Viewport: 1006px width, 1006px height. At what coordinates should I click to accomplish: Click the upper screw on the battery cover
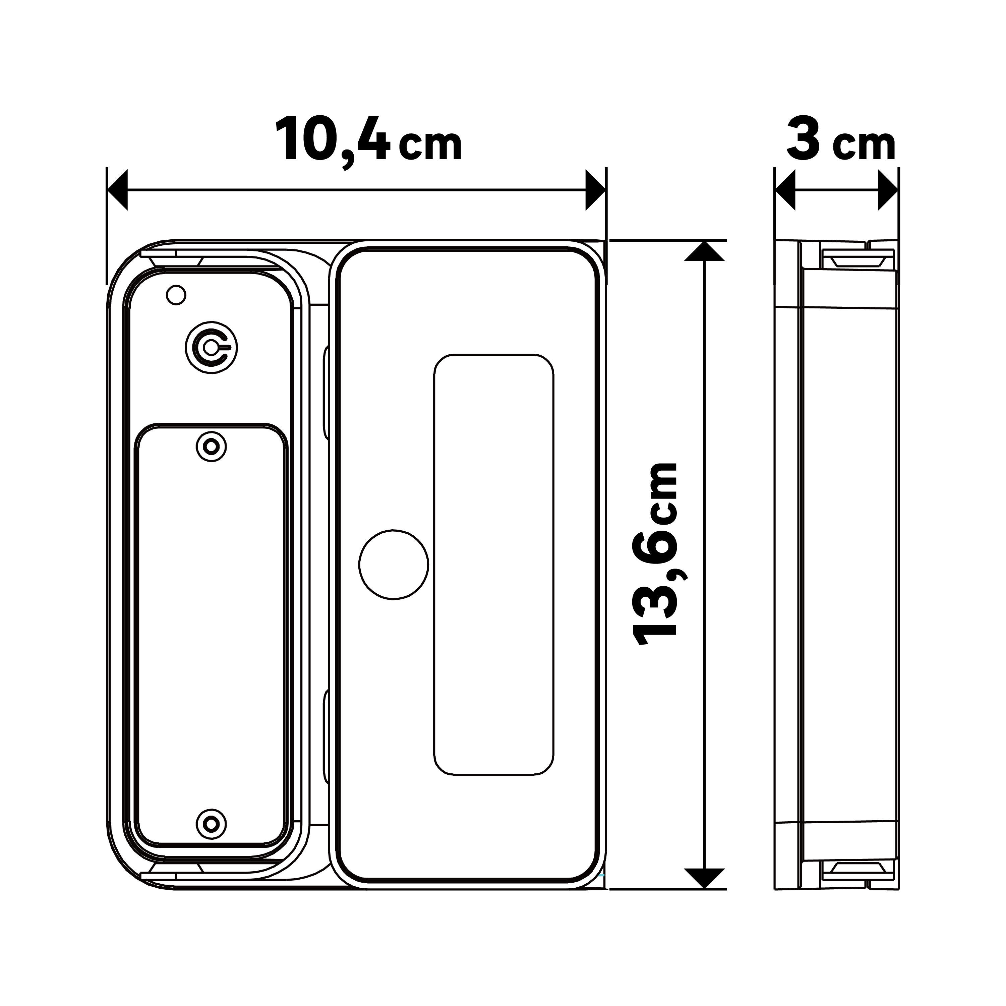[x=212, y=446]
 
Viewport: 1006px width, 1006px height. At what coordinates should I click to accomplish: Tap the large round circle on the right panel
[x=394, y=565]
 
